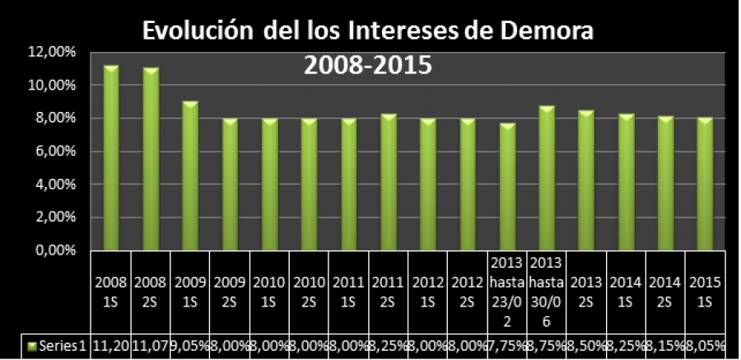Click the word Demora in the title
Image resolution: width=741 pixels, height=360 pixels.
click(548, 31)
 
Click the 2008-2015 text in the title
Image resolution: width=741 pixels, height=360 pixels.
click(368, 65)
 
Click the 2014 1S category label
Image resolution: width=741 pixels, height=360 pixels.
click(626, 292)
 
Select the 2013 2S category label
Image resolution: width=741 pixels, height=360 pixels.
click(586, 292)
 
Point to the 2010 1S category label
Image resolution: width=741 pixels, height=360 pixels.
click(269, 292)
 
